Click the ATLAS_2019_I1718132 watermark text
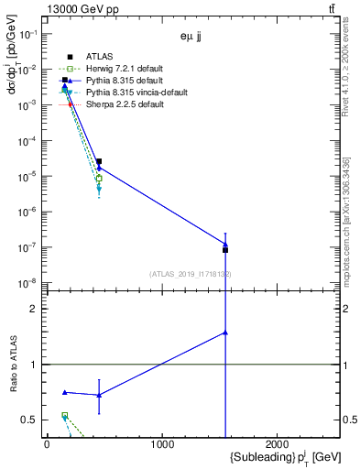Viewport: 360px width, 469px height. click(191, 273)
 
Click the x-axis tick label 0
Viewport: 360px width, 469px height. click(47, 444)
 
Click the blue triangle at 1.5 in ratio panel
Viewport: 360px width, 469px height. click(225, 333)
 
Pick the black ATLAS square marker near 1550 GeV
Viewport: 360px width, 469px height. click(225, 249)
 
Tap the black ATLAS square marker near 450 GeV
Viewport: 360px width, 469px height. click(99, 161)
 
